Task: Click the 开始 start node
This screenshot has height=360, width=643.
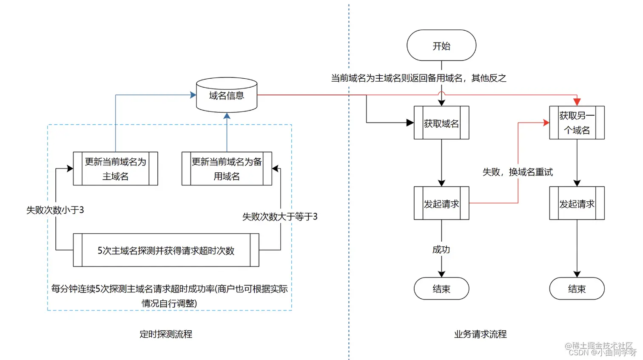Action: [x=441, y=46]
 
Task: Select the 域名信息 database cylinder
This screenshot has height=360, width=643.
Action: [x=226, y=95]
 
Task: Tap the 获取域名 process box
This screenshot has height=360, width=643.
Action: [x=441, y=123]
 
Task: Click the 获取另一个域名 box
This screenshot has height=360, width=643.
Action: [x=576, y=123]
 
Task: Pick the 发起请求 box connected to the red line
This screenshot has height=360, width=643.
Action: [x=441, y=203]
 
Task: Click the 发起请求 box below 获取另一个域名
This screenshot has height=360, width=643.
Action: [x=576, y=203]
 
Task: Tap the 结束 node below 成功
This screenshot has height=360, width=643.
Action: [x=441, y=289]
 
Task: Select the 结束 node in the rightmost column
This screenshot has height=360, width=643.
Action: [x=576, y=289]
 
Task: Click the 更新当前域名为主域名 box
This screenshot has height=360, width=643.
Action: [x=115, y=169]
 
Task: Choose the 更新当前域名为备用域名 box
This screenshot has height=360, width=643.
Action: [x=226, y=169]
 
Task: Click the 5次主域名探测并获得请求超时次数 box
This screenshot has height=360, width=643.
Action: [x=166, y=250]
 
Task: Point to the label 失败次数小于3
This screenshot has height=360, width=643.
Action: [x=55, y=210]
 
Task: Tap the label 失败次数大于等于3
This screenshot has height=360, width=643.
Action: [x=279, y=217]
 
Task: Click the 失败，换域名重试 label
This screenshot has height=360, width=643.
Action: [x=517, y=172]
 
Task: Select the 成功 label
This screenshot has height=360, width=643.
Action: [x=441, y=249]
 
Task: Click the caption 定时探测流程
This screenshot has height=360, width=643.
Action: [x=166, y=334]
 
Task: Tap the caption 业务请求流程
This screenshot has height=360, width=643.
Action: [x=480, y=334]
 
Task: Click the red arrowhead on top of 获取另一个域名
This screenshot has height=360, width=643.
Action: [x=577, y=102]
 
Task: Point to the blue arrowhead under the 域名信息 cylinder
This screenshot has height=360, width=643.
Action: [x=227, y=116]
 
